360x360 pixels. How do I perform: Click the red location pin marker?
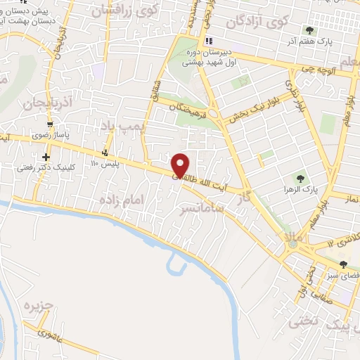(181, 165)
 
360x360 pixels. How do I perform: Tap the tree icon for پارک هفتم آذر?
(310, 30)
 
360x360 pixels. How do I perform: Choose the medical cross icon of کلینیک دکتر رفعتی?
(46, 157)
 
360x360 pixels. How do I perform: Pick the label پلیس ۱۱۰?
(105, 163)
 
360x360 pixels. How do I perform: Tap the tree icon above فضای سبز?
(343, 265)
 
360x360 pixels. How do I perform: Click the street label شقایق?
(156, 89)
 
